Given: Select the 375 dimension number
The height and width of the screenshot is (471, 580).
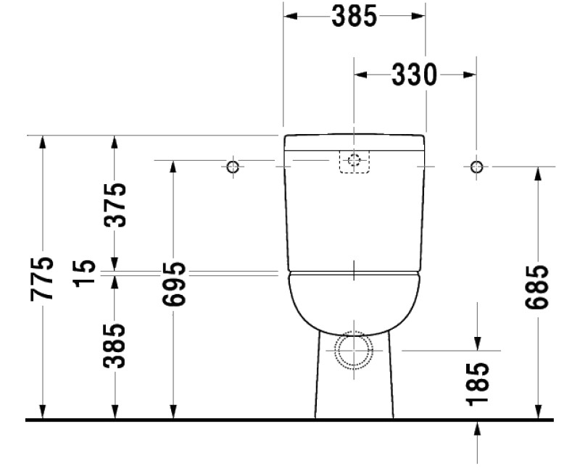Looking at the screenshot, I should pos(114,204).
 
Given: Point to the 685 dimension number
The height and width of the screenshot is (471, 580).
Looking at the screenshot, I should pos(537,288).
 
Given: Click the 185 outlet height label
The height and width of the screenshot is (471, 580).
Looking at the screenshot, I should pos(478,383).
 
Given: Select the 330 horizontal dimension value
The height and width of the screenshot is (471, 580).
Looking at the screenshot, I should pos(414,75).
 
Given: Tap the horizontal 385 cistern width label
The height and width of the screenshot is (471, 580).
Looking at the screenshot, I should pos(354,17).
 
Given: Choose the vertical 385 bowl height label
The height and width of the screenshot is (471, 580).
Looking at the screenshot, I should pos(114,345).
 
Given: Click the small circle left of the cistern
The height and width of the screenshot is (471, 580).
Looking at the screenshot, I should pos(233,167).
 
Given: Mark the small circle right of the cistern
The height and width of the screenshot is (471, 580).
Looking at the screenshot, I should pos(476,167).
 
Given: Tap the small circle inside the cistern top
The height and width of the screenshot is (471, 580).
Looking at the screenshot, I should pos(354,161).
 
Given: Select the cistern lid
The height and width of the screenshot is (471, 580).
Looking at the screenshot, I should pos(354,141).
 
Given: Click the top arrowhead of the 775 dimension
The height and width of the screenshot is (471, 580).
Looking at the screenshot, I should pos(43,142).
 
